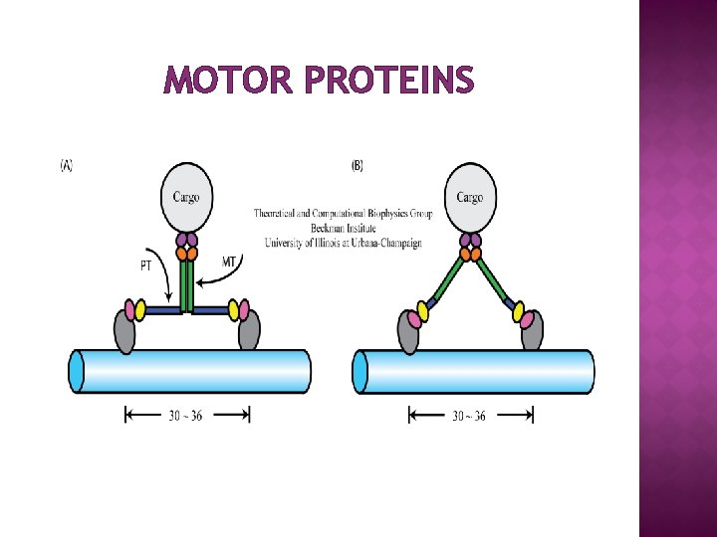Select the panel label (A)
tap(67, 166)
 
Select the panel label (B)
tap(357, 166)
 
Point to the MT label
tap(230, 262)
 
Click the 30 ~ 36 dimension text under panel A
tap(186, 416)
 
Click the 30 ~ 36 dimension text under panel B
tap(469, 416)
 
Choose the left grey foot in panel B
tap(408, 332)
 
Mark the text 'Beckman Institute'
tap(343, 228)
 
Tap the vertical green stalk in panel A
tap(186, 284)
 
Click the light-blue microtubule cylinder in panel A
tap(189, 371)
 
